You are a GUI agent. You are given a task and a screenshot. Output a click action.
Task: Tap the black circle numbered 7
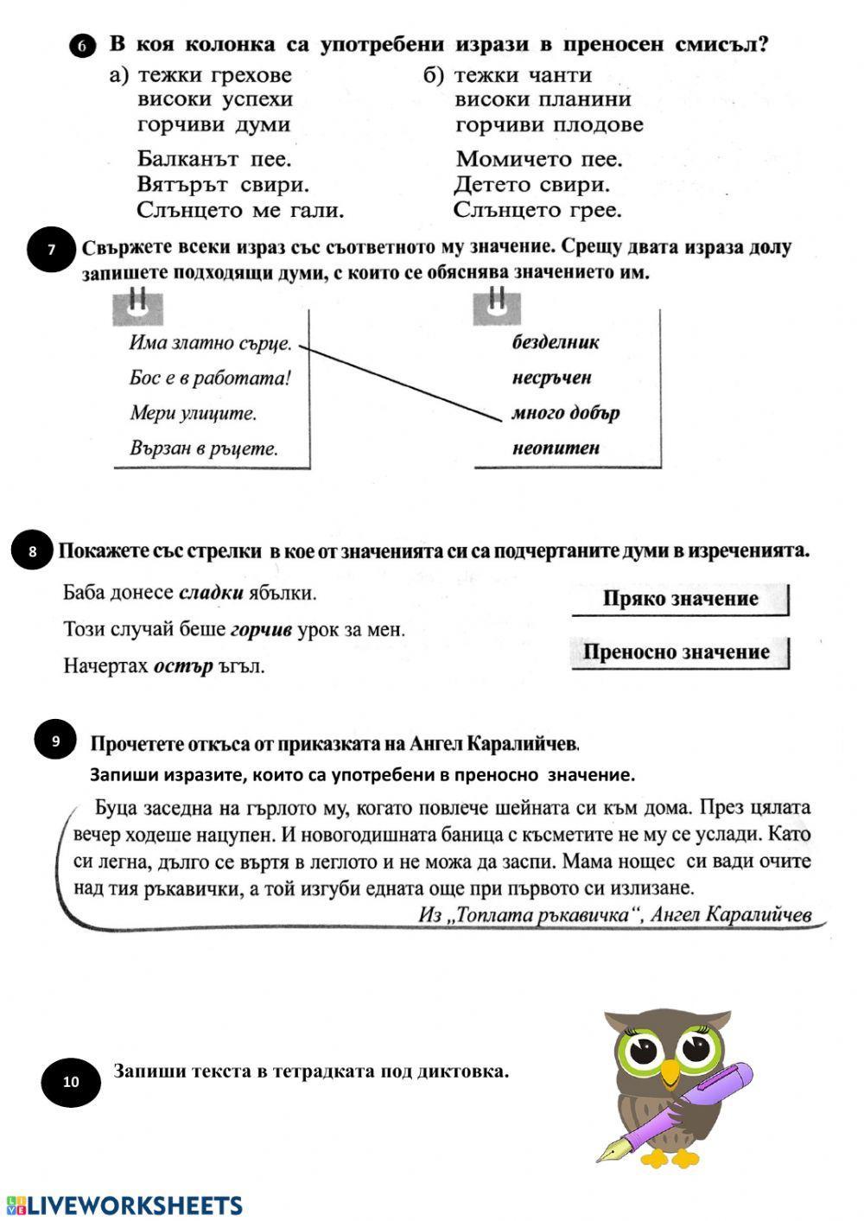51,250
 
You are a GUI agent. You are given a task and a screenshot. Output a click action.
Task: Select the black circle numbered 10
71,1081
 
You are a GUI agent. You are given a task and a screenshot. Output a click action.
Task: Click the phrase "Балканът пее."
214,159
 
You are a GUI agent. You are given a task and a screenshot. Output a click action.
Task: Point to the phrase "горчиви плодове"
549,124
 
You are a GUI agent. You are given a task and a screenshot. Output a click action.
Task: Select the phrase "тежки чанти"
523,75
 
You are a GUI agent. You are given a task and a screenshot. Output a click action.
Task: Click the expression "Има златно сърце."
210,342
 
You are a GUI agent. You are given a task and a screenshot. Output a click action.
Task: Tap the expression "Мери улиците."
194,413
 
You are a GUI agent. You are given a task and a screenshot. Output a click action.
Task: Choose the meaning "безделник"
556,342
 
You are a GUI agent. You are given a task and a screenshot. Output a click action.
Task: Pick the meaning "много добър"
566,413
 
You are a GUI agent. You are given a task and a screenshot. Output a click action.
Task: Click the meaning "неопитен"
556,448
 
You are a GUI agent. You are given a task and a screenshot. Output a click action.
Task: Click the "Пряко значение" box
680,599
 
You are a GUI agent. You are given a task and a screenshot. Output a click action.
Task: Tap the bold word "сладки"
211,594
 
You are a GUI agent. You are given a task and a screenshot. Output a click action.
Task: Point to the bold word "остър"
182,666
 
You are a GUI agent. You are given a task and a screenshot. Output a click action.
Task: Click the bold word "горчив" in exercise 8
261,630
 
